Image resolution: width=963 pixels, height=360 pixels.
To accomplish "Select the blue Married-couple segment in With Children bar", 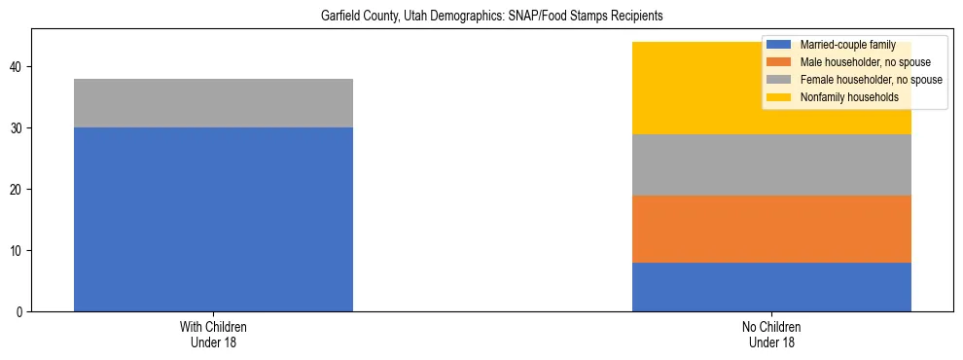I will tap(213, 219).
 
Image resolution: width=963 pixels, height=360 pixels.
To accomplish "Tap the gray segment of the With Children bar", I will tap(213, 103).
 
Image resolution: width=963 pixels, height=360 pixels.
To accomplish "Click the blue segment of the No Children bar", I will tap(771, 287).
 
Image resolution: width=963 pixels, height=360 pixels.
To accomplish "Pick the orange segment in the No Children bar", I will tap(771, 229).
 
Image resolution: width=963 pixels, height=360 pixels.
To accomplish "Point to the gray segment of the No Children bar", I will tap(771, 165).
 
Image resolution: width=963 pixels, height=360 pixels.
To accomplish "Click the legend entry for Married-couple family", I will tap(840, 45).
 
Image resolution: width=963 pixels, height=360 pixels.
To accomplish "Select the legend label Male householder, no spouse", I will tap(863, 62).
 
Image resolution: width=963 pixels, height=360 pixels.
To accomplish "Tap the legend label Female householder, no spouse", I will tap(869, 80).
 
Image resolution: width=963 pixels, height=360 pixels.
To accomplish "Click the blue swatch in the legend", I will tap(779, 45).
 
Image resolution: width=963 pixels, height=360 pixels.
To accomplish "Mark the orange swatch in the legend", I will tap(779, 62).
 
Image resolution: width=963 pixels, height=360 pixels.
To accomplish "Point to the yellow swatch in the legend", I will tap(779, 97).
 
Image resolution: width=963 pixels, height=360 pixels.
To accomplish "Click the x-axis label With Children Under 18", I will tap(213, 335).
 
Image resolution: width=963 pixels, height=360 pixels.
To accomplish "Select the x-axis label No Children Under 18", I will tap(771, 335).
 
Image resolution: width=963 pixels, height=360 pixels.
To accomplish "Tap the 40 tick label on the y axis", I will tap(18, 67).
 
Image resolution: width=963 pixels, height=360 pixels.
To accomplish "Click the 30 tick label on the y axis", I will tap(18, 128).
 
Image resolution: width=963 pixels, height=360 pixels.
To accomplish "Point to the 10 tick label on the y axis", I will tap(18, 251).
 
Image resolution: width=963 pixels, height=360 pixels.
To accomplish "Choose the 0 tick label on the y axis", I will tap(20, 312).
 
